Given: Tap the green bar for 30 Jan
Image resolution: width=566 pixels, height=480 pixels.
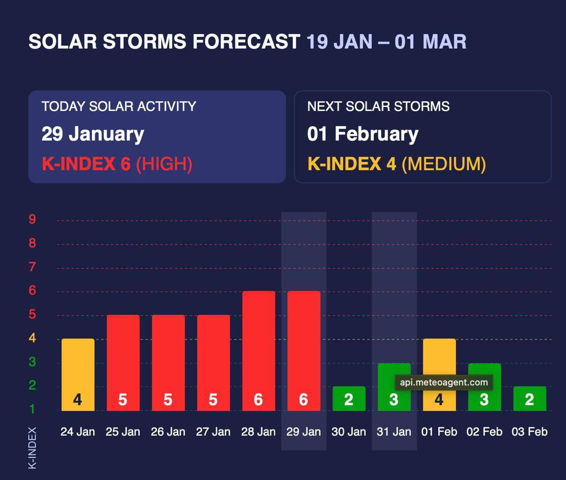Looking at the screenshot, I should (x=349, y=398).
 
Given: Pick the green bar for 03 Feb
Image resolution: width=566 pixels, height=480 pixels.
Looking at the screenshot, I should (x=529, y=398).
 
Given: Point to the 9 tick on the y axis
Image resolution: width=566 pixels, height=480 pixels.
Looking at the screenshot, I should (x=32, y=219).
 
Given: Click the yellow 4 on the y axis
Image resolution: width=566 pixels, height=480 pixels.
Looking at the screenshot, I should (x=32, y=338).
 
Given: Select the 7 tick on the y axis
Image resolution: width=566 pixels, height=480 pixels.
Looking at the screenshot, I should (x=32, y=267).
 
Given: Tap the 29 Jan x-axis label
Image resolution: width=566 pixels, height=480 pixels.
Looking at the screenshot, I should (x=303, y=432).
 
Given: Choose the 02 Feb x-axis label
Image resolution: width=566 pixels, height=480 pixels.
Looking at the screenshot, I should (x=484, y=432).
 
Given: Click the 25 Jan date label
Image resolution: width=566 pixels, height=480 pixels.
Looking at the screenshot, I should (x=123, y=432).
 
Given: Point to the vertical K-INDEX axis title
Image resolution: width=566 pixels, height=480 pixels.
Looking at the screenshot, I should (x=32, y=448).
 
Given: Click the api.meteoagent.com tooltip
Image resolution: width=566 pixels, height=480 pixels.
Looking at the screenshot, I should (x=444, y=383).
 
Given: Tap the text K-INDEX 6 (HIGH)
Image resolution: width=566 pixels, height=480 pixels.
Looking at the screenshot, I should (x=117, y=164).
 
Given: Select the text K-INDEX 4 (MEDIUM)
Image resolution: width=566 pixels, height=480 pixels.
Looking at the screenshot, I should (x=396, y=164).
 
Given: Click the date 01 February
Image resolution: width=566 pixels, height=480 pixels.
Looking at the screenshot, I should (x=363, y=134).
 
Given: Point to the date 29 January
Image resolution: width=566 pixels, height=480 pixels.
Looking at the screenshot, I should (x=93, y=134).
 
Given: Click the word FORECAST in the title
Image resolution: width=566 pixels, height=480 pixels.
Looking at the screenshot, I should (x=246, y=42).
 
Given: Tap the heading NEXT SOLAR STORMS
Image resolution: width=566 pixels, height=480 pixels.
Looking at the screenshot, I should (x=378, y=106).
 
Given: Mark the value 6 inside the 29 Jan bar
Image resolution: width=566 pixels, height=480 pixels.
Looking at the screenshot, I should (x=303, y=400).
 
